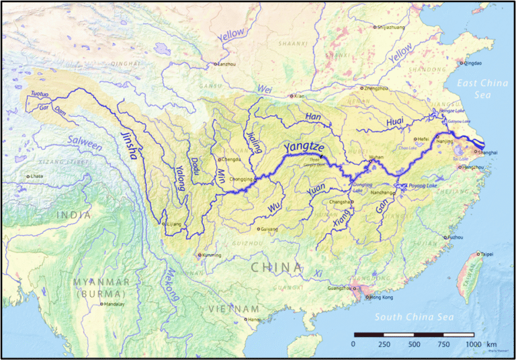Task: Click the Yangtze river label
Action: pyautogui.click(x=306, y=149)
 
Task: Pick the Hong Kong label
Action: pyautogui.click(x=380, y=297)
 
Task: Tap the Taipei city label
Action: pyautogui.click(x=490, y=255)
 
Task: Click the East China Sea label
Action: pyautogui.click(x=484, y=89)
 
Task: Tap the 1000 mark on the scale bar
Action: pyautogui.click(x=474, y=344)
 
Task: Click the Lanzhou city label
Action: pyautogui.click(x=227, y=64)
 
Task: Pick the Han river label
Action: pyautogui.click(x=314, y=117)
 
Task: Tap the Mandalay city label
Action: pyautogui.click(x=114, y=304)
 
